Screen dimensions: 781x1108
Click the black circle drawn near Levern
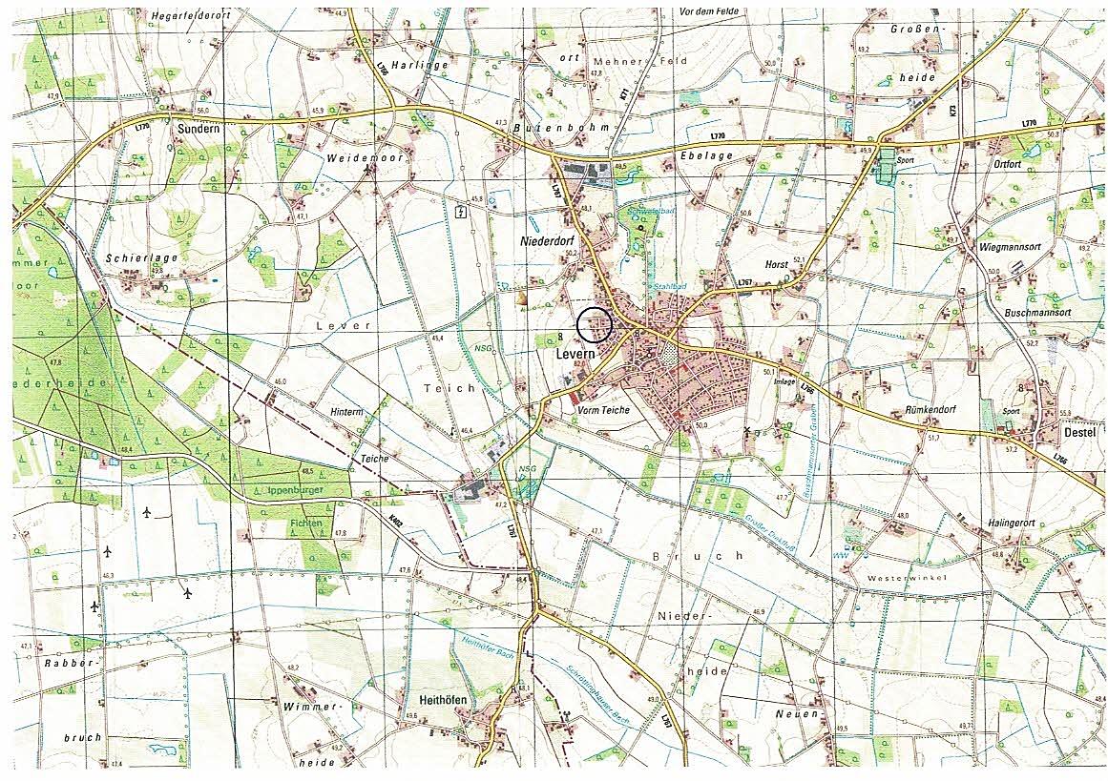tap(594, 325)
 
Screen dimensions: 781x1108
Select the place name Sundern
tap(199, 126)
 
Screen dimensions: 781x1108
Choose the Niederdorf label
tap(546, 242)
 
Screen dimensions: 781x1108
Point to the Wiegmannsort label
tap(1013, 246)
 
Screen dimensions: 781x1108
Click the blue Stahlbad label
tap(670, 285)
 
